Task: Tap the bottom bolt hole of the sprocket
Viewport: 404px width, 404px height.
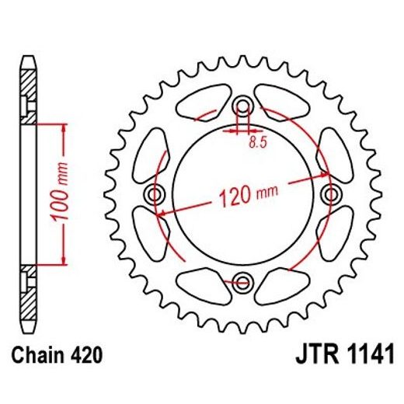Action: (243, 280)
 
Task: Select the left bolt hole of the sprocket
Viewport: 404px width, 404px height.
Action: (155, 193)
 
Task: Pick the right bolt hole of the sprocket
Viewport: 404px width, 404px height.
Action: (332, 193)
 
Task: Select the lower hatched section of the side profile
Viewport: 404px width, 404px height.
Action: (28, 300)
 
